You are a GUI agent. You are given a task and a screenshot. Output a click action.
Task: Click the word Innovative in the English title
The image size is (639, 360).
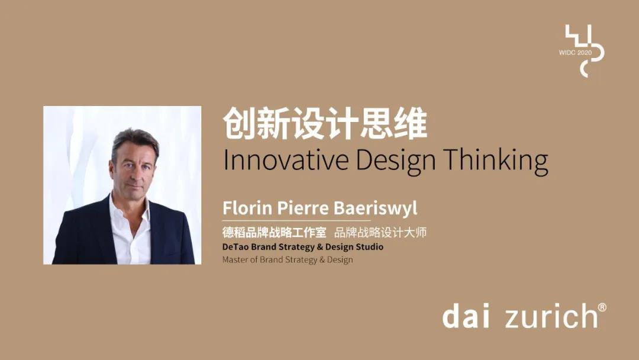pos(286,160)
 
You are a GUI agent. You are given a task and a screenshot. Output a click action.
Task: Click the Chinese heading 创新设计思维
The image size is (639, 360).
pos(325,123)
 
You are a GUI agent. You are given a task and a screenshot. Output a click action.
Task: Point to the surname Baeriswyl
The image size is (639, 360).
pos(376,208)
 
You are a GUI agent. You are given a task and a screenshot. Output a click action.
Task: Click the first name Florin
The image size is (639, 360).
pos(247,207)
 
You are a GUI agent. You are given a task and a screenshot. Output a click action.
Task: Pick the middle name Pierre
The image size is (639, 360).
pos(303,207)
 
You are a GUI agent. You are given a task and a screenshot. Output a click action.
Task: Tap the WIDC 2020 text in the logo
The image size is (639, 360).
pos(575,53)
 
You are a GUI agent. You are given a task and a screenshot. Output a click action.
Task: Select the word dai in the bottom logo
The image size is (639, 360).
pos(466,316)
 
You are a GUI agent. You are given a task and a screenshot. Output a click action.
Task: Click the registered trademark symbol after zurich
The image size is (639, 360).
pos(602,307)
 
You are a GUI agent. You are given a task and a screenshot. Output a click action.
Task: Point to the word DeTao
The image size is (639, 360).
pos(235,247)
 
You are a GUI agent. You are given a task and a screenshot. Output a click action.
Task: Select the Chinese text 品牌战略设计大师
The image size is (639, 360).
pos(380,232)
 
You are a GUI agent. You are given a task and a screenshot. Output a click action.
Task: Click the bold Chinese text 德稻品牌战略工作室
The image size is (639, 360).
pos(275,232)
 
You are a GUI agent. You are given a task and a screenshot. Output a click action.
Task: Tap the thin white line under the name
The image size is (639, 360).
pos(296,221)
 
